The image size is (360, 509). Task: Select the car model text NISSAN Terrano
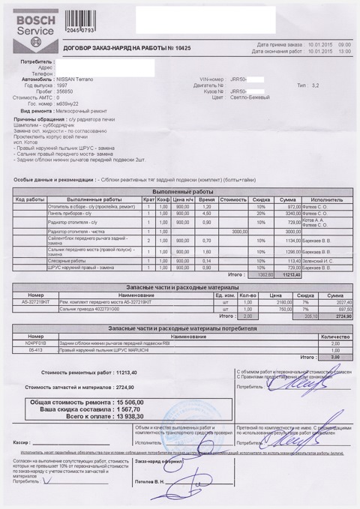pyautogui.click(x=99, y=78)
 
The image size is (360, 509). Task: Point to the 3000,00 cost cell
pyautogui.click(x=235, y=232)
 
